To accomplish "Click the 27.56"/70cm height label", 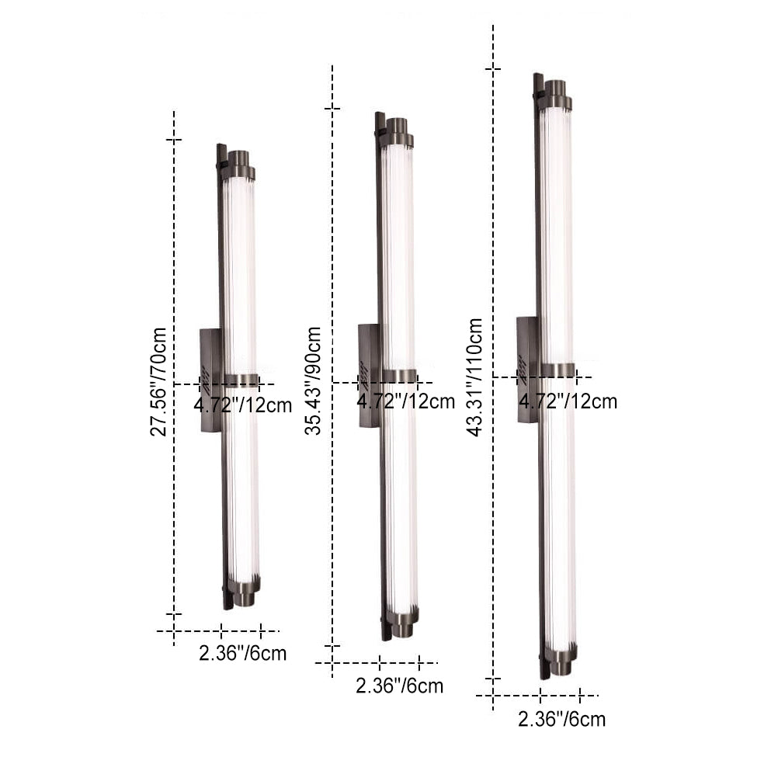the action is tap(158, 381).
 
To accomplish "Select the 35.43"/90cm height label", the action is tap(313, 380).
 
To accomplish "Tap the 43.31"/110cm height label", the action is tap(474, 377).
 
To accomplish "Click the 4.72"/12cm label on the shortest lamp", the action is tap(243, 405).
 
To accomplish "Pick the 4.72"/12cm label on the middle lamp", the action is tap(406, 401).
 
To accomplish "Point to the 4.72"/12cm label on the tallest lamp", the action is tap(568, 401).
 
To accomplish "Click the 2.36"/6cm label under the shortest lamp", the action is tap(243, 653).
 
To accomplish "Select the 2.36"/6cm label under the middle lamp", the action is tap(400, 686).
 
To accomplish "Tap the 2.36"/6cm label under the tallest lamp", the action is tap(562, 719).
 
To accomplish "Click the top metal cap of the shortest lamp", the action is tap(238, 164).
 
